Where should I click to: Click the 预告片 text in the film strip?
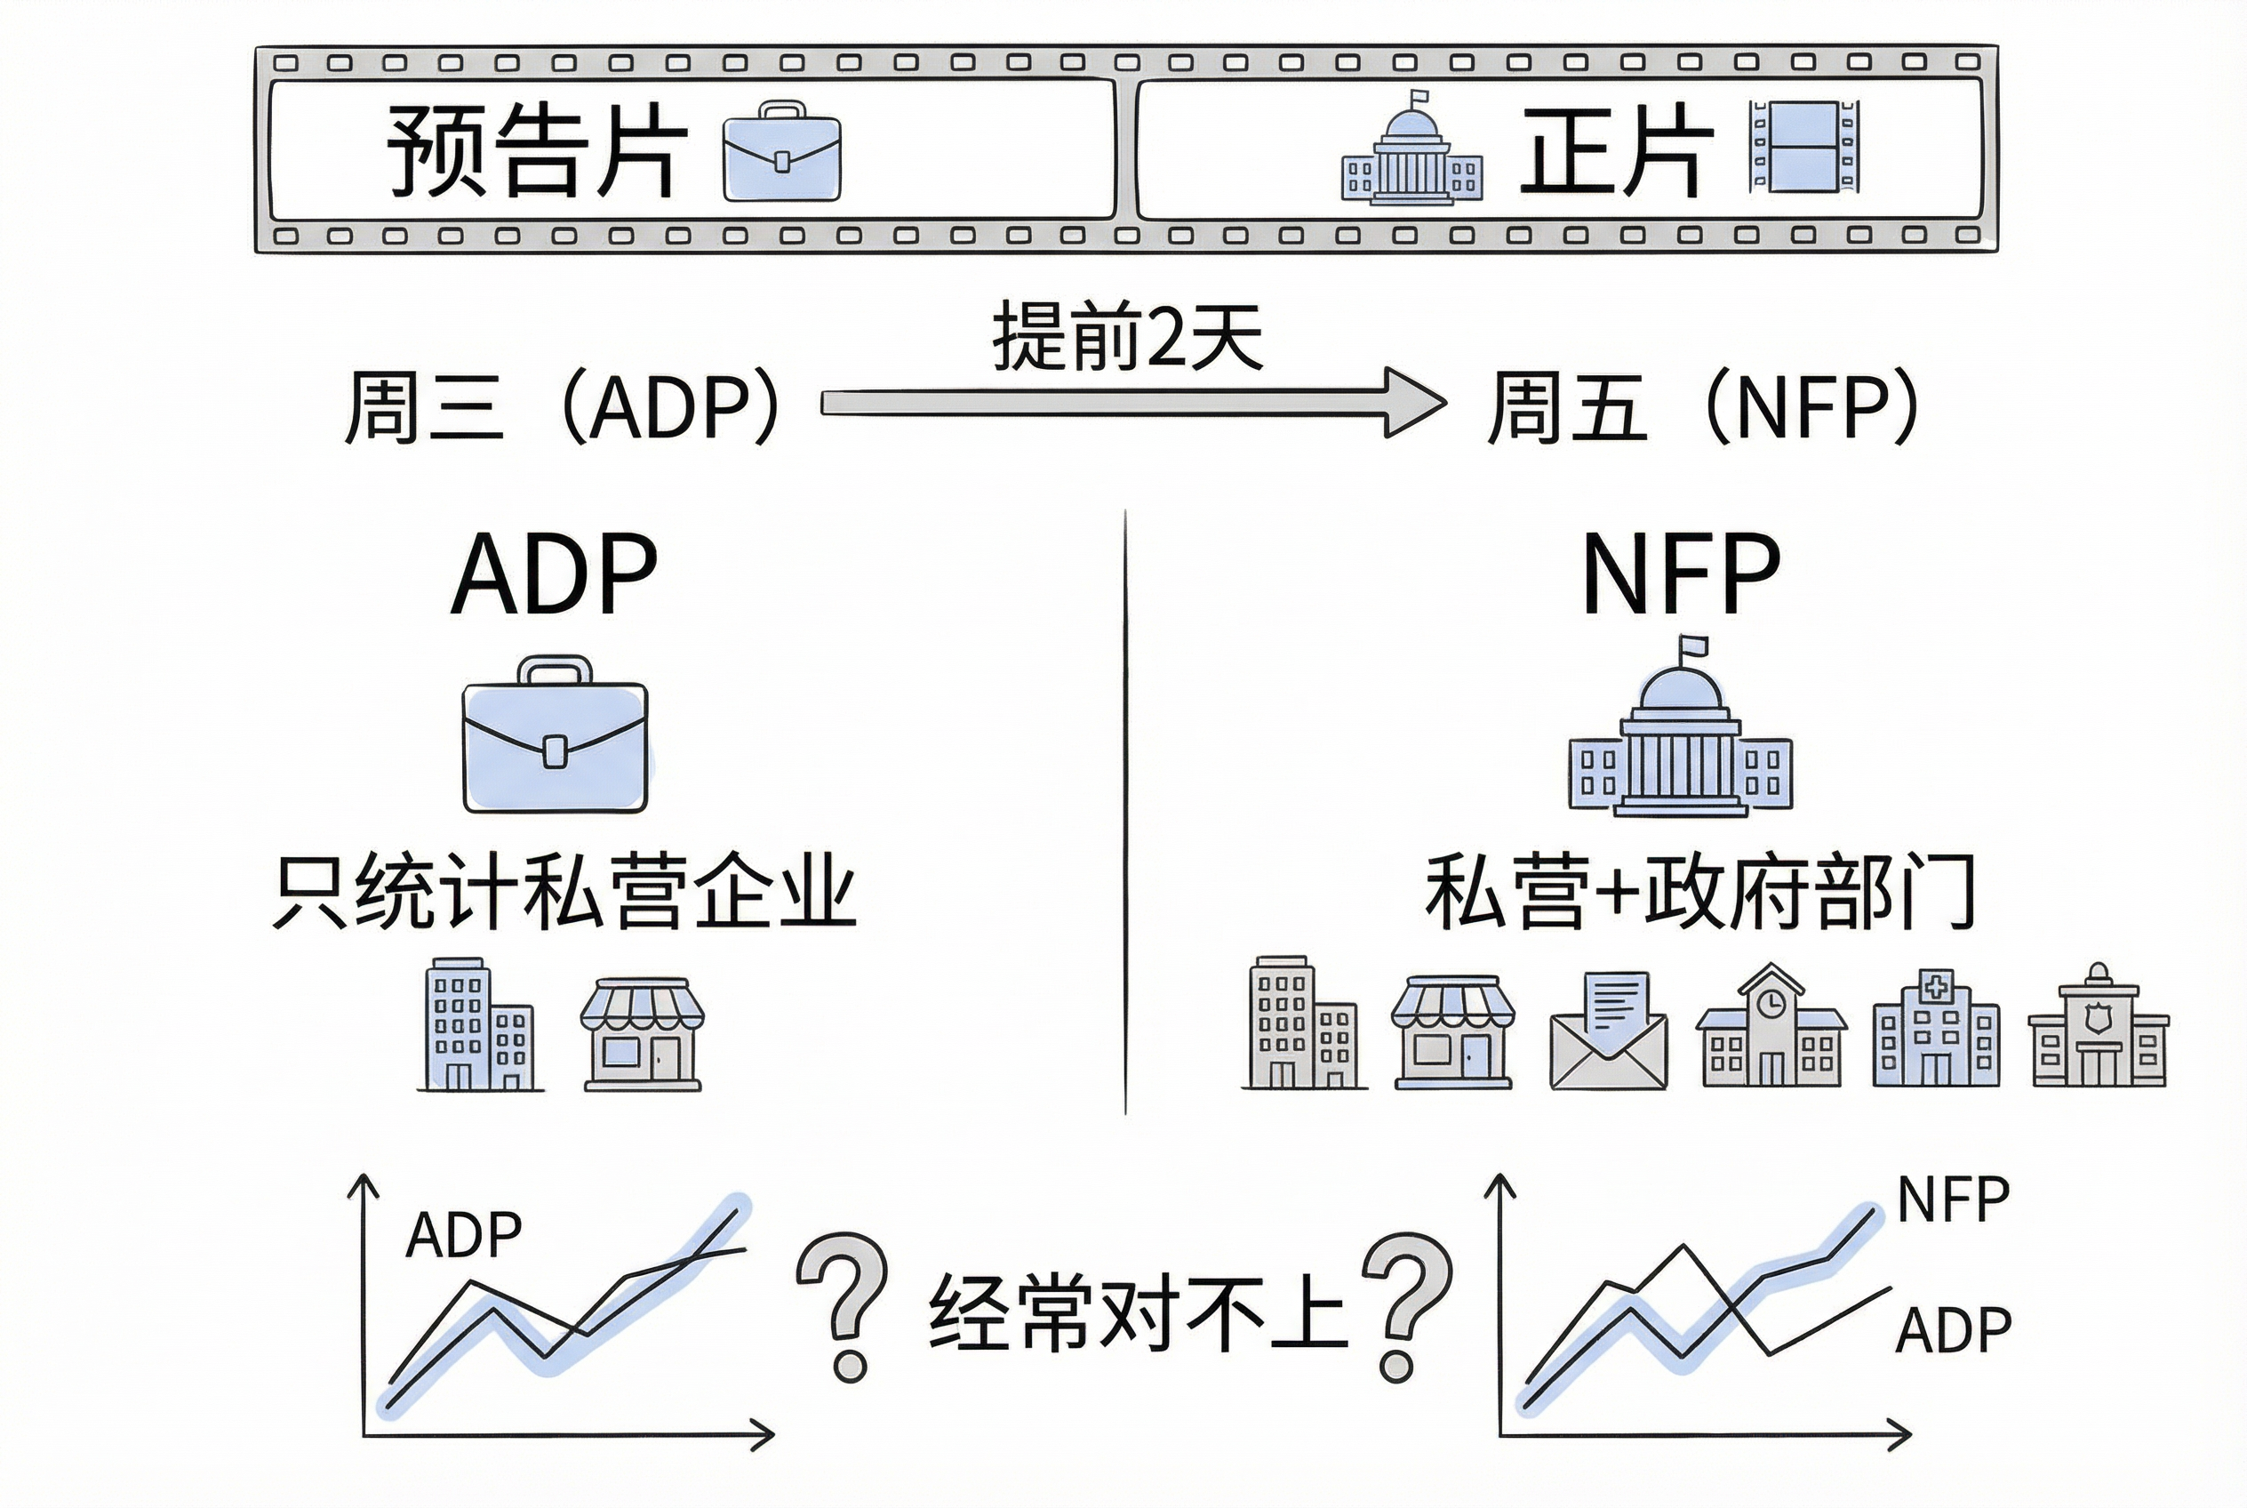[x=537, y=151]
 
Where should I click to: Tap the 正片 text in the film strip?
[x=1616, y=151]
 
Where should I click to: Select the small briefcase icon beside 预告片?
[x=780, y=152]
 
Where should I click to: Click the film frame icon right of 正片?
[x=1803, y=147]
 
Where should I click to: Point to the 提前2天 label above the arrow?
[x=1127, y=337]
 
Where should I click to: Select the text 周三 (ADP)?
[x=563, y=408]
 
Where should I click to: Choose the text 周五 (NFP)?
[x=1703, y=408]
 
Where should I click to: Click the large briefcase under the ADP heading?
[x=555, y=734]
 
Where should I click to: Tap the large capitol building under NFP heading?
[x=1680, y=731]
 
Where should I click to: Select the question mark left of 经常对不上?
[x=844, y=1305]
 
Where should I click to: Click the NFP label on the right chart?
[x=1953, y=1199]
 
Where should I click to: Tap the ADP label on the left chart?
[x=463, y=1235]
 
